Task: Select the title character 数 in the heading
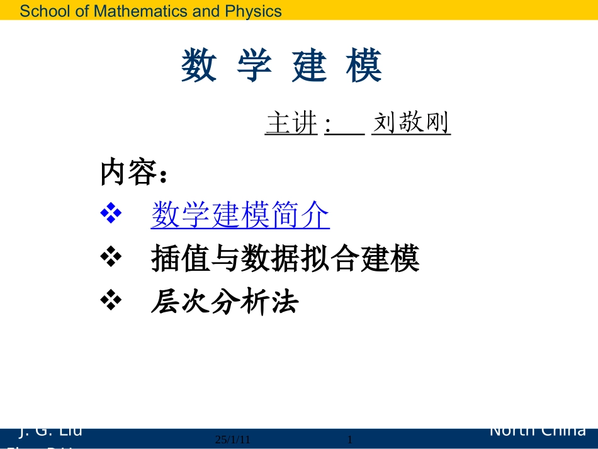point(199,66)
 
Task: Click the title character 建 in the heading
point(309,66)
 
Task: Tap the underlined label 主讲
point(291,123)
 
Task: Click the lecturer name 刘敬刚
point(411,123)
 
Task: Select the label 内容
point(133,173)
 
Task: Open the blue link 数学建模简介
point(240,216)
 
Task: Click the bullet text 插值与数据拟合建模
point(285,259)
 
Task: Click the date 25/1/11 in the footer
point(232,440)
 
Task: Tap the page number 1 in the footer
point(349,440)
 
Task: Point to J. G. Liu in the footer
point(51,432)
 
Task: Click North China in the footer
point(538,431)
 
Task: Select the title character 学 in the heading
point(254,66)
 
